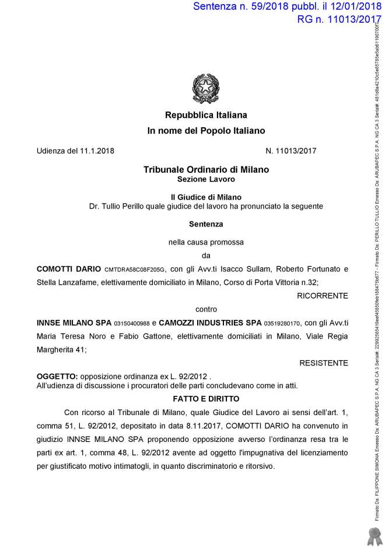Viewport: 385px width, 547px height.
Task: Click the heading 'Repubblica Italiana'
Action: pyautogui.click(x=206, y=115)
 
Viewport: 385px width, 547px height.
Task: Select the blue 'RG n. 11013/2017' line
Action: pyautogui.click(x=335, y=19)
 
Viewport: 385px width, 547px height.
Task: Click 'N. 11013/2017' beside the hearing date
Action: pyautogui.click(x=290, y=151)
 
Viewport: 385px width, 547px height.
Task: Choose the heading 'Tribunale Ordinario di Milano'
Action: pyautogui.click(x=206, y=169)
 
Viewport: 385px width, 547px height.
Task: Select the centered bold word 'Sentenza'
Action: pyautogui.click(x=206, y=223)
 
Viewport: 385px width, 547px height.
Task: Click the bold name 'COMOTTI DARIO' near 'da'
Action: pyautogui.click(x=69, y=269)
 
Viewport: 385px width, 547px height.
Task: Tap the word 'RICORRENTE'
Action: pyautogui.click(x=323, y=296)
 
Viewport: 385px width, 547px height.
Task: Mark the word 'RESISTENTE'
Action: pyautogui.click(x=324, y=363)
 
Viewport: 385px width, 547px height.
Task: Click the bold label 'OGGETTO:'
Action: pyautogui.click(x=57, y=376)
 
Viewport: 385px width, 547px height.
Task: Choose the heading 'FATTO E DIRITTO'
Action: pyautogui.click(x=206, y=398)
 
